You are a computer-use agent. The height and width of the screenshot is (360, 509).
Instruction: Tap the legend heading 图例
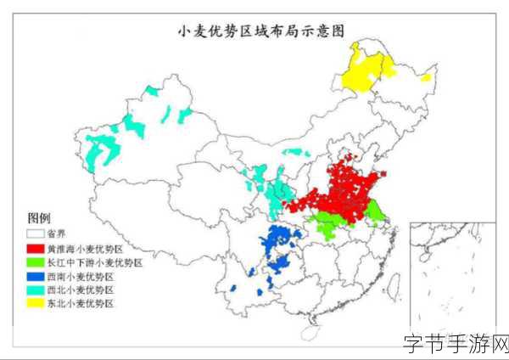40,218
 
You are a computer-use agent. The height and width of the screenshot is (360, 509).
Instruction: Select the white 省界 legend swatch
36,233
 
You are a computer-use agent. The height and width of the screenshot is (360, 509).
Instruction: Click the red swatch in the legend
36,248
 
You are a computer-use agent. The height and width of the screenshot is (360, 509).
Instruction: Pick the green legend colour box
36,262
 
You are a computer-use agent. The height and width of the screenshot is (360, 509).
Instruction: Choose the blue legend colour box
36,276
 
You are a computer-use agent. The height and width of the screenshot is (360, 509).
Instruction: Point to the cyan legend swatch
36,290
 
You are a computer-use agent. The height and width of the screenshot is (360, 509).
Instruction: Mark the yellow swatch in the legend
36,303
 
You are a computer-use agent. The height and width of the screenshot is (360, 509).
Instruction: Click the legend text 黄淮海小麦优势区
85,248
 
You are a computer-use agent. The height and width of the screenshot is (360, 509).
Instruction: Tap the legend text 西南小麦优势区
81,276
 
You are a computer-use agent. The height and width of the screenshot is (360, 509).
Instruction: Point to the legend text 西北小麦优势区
81,290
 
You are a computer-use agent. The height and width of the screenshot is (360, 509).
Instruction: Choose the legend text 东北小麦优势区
81,303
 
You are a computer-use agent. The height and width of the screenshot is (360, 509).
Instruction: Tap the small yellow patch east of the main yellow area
426,78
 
